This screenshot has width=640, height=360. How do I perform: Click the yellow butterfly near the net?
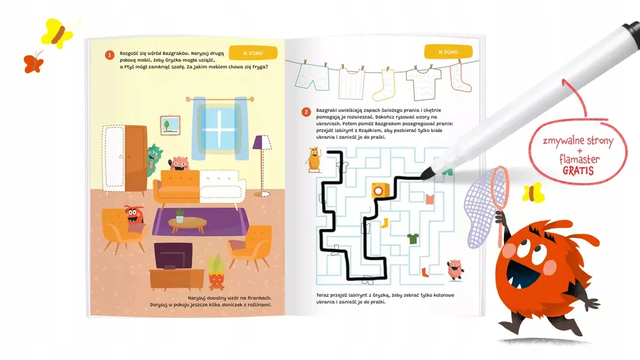pos(533,193)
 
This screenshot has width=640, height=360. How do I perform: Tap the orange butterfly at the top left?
pos(34,63)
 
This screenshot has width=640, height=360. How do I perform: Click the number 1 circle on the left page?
pos(109,55)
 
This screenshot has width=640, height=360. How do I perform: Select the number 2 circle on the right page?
pos(306,112)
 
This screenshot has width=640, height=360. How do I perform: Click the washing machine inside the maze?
pos(380,191)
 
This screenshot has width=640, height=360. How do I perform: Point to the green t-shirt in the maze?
pos(413,238)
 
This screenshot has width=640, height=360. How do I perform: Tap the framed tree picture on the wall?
pos(170,125)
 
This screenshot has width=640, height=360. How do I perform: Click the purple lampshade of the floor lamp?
pos(262,142)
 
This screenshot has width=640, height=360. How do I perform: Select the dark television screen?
pos(173,256)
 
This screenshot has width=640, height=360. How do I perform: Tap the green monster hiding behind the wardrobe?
pos(154,160)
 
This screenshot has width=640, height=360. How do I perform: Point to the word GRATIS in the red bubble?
pos(578,170)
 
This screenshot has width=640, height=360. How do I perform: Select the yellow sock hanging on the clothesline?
pos(384,85)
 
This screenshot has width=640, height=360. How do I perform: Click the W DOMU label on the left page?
pos(253,53)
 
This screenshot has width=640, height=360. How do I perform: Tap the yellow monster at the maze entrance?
pos(314,159)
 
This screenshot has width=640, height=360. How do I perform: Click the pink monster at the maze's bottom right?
pos(455,269)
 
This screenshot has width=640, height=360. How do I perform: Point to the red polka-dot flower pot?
pos(216,280)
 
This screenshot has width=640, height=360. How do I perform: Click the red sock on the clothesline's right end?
pos(460,77)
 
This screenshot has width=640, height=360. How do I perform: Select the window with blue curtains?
pos(220,128)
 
